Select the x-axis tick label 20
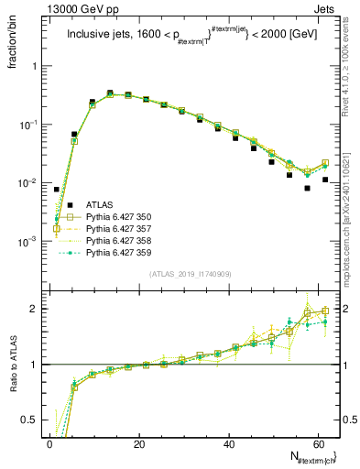point(138,444)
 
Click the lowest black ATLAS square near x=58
point(308,188)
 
